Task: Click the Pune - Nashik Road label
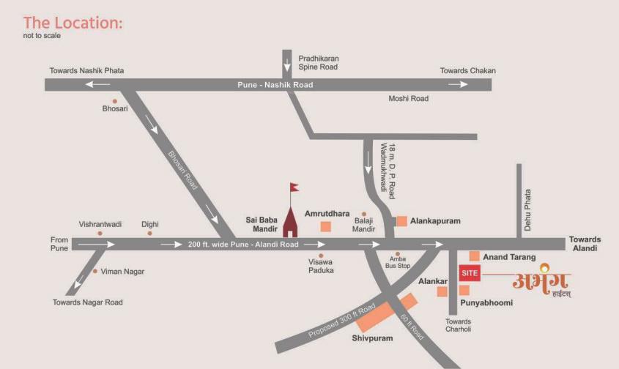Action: pyautogui.click(x=275, y=85)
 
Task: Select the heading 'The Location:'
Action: pyautogui.click(x=73, y=23)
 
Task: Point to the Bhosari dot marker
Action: pyautogui.click(x=114, y=100)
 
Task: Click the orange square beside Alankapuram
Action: pyautogui.click(x=401, y=220)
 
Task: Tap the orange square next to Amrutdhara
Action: pyautogui.click(x=325, y=226)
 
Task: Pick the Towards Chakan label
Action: pyautogui.click(x=467, y=71)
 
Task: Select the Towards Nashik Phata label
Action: pyautogui.click(x=86, y=71)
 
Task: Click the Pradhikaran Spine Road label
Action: pyautogui.click(x=319, y=62)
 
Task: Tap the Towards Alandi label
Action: pyautogui.click(x=584, y=244)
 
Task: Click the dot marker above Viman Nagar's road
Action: pyautogui.click(x=95, y=271)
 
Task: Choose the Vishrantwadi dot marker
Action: pyautogui.click(x=101, y=234)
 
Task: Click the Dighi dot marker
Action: pyautogui.click(x=149, y=234)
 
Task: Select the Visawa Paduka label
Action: pyautogui.click(x=322, y=265)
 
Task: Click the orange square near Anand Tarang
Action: pyautogui.click(x=475, y=256)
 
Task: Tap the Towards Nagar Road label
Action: pyautogui.click(x=88, y=302)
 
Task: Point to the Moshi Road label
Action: pyautogui.click(x=408, y=98)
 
